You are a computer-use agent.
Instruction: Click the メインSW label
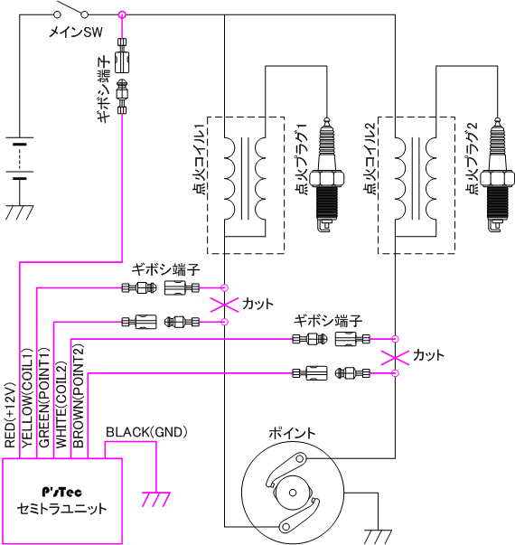75,33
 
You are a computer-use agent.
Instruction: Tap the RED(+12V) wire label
10,415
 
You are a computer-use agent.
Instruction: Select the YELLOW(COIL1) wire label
27,398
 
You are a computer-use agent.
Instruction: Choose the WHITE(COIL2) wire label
61,405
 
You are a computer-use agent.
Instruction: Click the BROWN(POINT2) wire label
79,396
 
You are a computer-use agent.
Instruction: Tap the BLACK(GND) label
146,432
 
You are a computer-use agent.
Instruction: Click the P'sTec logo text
61,492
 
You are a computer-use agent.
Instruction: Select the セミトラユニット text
61,509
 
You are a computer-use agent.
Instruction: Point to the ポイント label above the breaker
292,433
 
